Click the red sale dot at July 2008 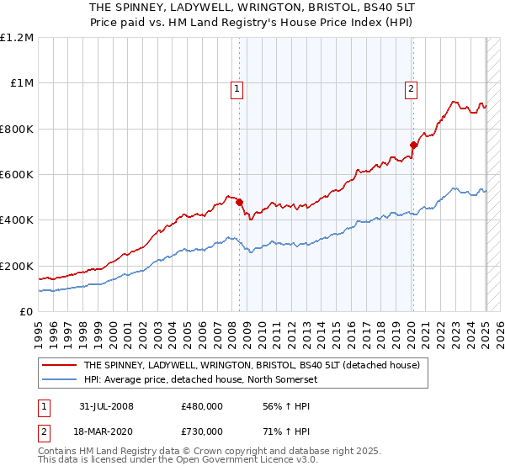click(x=240, y=202)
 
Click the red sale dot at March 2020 click(x=413, y=145)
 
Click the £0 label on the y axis click(x=25, y=312)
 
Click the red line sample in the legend click(x=59, y=365)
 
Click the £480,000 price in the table click(x=202, y=405)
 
